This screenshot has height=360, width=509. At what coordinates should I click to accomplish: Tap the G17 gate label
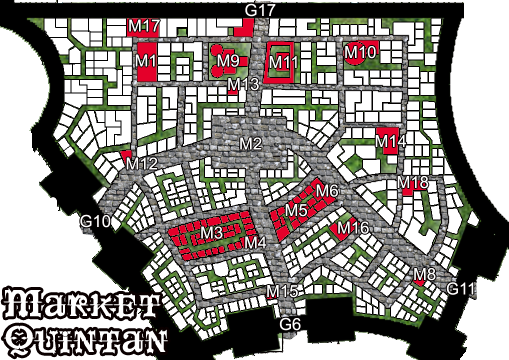click(x=260, y=10)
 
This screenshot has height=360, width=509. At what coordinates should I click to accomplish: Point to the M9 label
click(x=228, y=62)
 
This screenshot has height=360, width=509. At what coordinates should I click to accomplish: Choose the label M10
click(x=360, y=51)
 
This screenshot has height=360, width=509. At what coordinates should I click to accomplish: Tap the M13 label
click(x=243, y=85)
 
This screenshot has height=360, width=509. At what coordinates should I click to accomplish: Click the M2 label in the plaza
click(x=250, y=145)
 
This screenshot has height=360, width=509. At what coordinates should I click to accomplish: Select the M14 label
click(x=391, y=142)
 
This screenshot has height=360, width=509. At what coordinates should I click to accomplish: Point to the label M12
click(x=143, y=163)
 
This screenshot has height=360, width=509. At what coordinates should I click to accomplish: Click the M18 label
click(x=413, y=182)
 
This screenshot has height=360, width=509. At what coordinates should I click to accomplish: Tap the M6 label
click(x=327, y=191)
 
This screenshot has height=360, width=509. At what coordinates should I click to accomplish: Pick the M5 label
click(x=295, y=211)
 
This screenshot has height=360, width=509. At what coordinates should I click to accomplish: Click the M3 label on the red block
click(x=210, y=234)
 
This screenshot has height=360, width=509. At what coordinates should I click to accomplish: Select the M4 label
click(x=255, y=242)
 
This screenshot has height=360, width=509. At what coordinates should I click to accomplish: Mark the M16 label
click(x=354, y=229)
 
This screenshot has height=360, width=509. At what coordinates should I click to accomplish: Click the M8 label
click(x=425, y=274)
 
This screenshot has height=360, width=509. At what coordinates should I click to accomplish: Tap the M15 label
click(x=284, y=291)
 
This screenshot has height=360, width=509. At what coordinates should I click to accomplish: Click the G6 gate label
click(x=290, y=325)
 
